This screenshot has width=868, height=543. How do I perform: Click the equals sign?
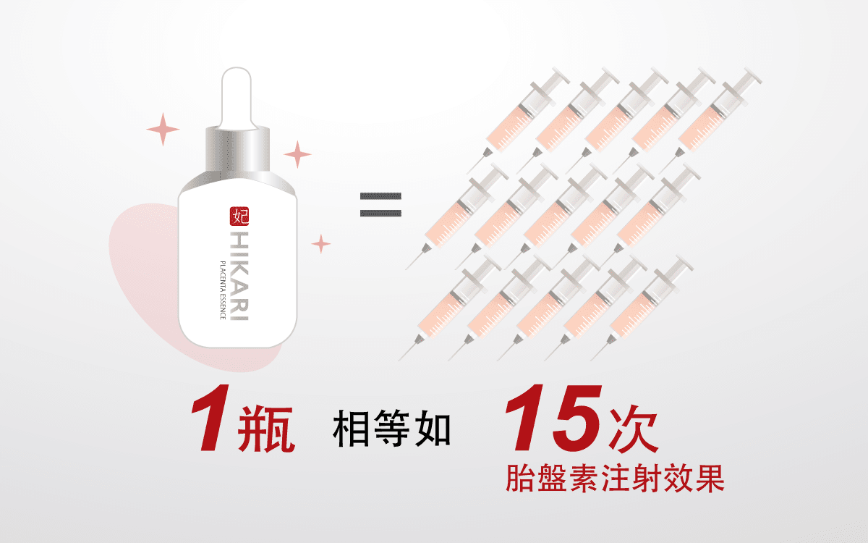(x=381, y=205)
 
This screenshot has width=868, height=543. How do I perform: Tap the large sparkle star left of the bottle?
(x=163, y=130)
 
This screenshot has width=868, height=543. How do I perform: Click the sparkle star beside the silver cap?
(x=297, y=153)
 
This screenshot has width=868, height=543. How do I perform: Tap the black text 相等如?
(x=391, y=429)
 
